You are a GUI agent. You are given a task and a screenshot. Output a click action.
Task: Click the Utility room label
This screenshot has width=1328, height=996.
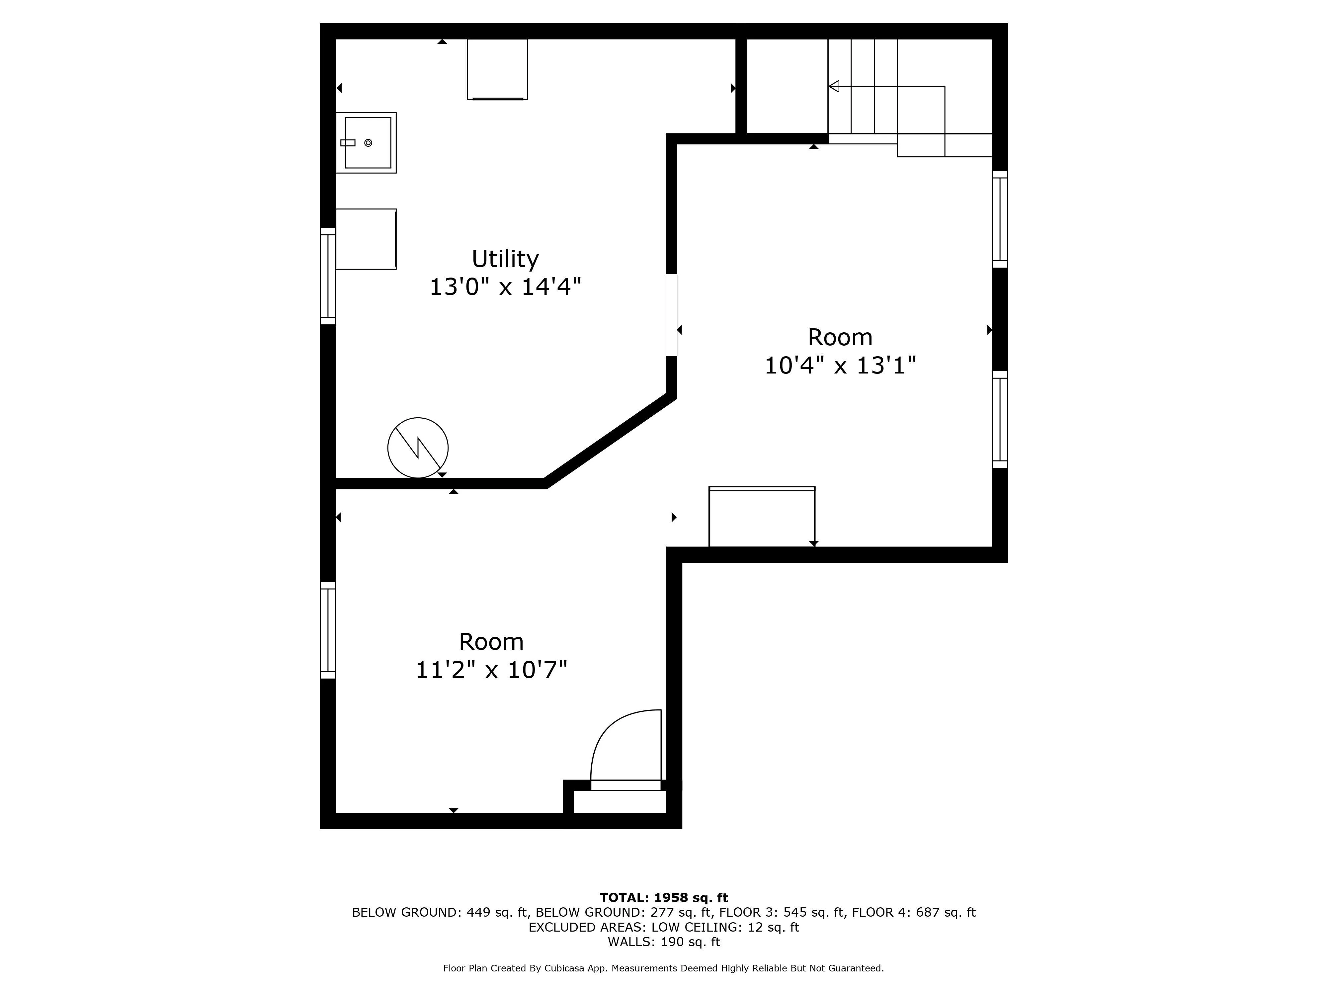pyautogui.click(x=505, y=259)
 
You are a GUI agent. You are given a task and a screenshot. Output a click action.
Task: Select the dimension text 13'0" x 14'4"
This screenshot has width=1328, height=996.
pyautogui.click(x=505, y=287)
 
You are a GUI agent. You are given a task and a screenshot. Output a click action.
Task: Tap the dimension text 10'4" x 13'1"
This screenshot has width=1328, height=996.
pyautogui.click(x=840, y=365)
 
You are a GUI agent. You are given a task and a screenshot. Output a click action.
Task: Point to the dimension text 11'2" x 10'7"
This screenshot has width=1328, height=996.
pyautogui.click(x=491, y=669)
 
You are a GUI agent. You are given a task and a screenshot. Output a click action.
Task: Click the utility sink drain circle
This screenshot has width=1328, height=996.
pyautogui.click(x=368, y=143)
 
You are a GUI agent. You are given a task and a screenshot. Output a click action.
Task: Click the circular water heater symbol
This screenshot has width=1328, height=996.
pyautogui.click(x=418, y=448)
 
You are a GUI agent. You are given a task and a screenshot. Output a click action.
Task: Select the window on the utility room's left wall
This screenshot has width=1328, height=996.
pyautogui.click(x=328, y=276)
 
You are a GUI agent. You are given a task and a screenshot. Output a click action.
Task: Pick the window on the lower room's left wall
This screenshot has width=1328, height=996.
pyautogui.click(x=328, y=630)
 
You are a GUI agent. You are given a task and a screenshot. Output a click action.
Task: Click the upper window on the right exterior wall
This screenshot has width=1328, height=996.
pyautogui.click(x=1000, y=219)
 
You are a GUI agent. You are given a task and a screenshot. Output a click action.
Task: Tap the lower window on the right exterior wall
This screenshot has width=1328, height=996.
pyautogui.click(x=1000, y=419)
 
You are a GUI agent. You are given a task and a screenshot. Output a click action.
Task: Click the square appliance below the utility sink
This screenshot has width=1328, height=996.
pyautogui.click(x=366, y=239)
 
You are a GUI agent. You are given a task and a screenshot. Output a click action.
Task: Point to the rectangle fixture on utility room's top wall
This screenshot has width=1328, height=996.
pyautogui.click(x=497, y=69)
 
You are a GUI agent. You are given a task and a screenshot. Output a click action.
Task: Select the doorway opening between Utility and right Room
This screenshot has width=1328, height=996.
pyautogui.click(x=672, y=315)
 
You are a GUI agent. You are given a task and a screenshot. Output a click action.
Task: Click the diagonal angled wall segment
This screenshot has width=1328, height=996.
pyautogui.click(x=609, y=441)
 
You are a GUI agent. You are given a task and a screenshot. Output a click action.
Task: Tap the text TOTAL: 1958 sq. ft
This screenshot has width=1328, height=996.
pyautogui.click(x=663, y=897)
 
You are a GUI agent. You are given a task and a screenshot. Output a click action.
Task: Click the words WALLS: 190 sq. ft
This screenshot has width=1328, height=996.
pyautogui.click(x=663, y=942)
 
